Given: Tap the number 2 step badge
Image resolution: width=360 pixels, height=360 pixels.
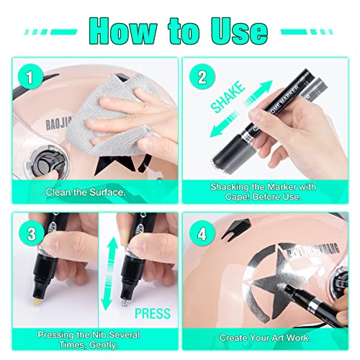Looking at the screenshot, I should [x=202, y=77].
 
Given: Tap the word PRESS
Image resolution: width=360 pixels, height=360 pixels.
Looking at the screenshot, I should [x=153, y=314].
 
